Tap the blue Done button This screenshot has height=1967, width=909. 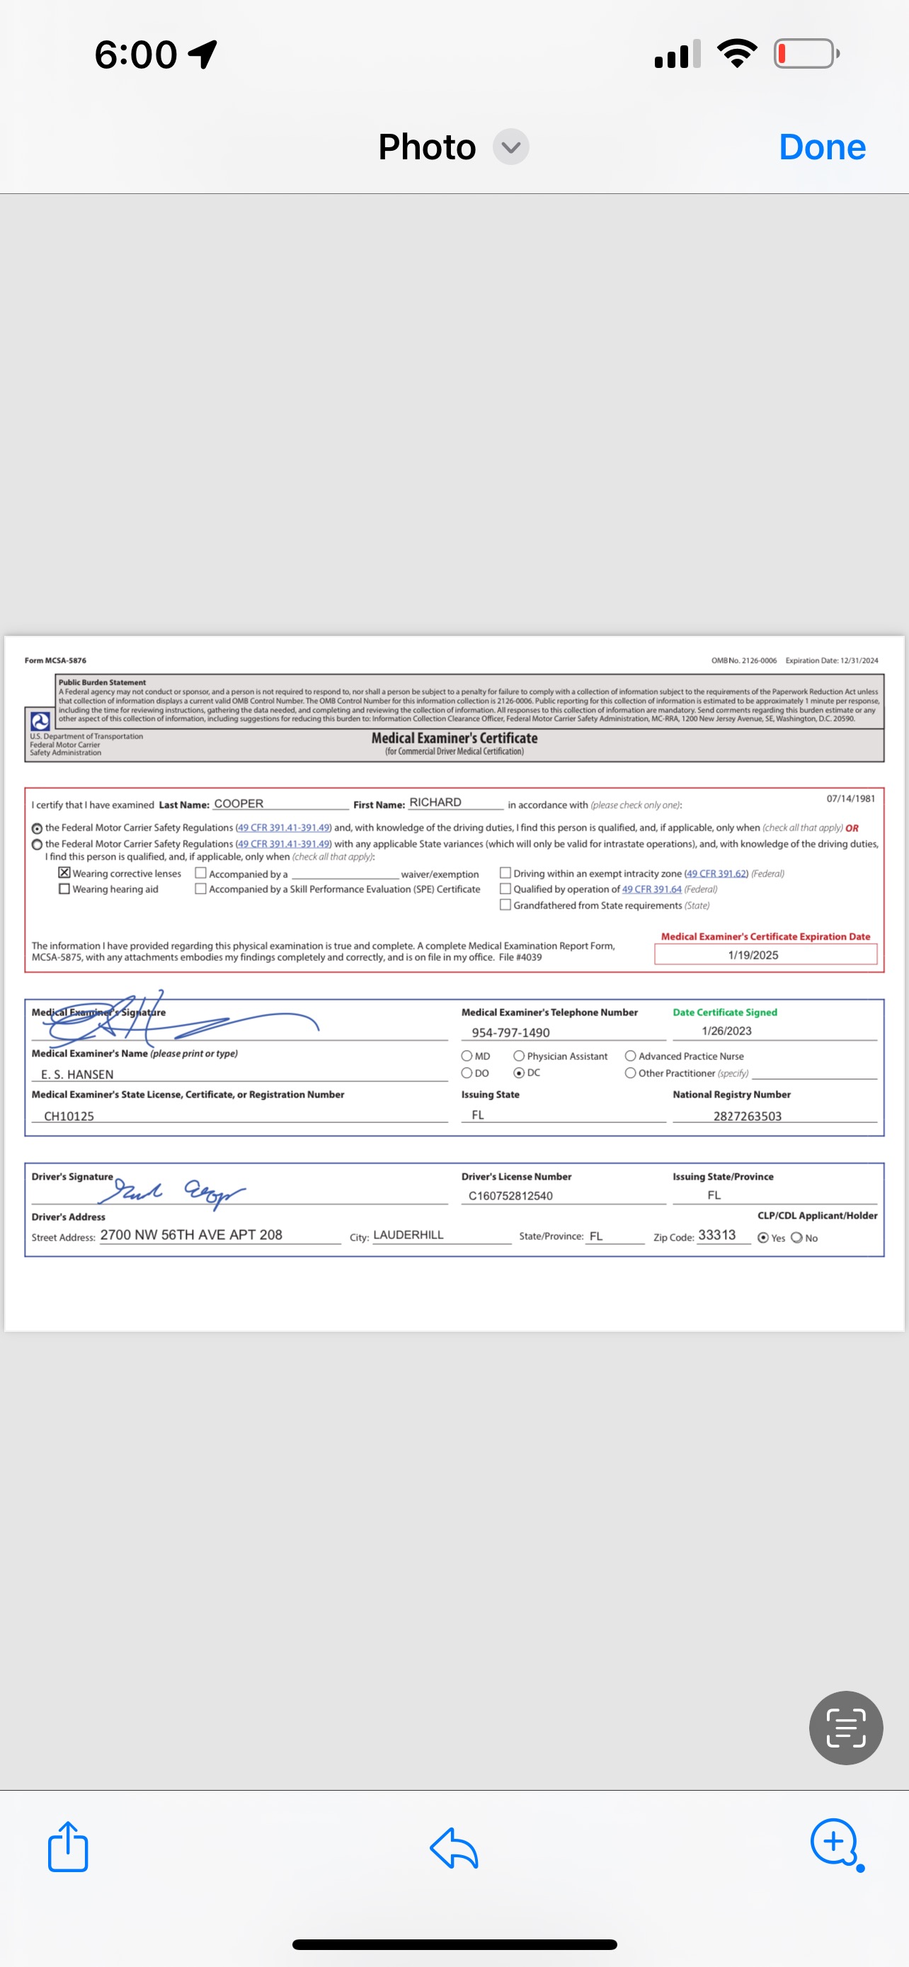pyautogui.click(x=822, y=147)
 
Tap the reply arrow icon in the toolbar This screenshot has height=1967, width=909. pyautogui.click(x=454, y=1848)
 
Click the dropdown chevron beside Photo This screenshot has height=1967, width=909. pyautogui.click(x=510, y=147)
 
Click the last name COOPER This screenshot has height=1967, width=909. pyautogui.click(x=239, y=803)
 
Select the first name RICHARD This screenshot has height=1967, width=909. pyautogui.click(x=435, y=802)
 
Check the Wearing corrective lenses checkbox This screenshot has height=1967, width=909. pyautogui.click(x=65, y=873)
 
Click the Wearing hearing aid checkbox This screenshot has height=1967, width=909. pyautogui.click(x=65, y=889)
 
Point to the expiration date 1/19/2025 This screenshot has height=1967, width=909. pyautogui.click(x=753, y=954)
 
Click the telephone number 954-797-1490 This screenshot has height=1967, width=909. pyautogui.click(x=510, y=1032)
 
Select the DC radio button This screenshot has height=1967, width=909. pyautogui.click(x=519, y=1073)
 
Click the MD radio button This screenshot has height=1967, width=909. pyautogui.click(x=467, y=1056)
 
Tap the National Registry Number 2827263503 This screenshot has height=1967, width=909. pyautogui.click(x=747, y=1116)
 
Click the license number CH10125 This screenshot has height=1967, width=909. pyautogui.click(x=69, y=1116)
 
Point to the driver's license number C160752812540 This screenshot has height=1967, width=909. pyautogui.click(x=510, y=1196)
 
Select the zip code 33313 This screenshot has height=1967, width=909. pyautogui.click(x=716, y=1235)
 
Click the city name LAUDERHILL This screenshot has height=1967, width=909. pyautogui.click(x=408, y=1235)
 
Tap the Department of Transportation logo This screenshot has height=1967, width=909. pyautogui.click(x=40, y=721)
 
